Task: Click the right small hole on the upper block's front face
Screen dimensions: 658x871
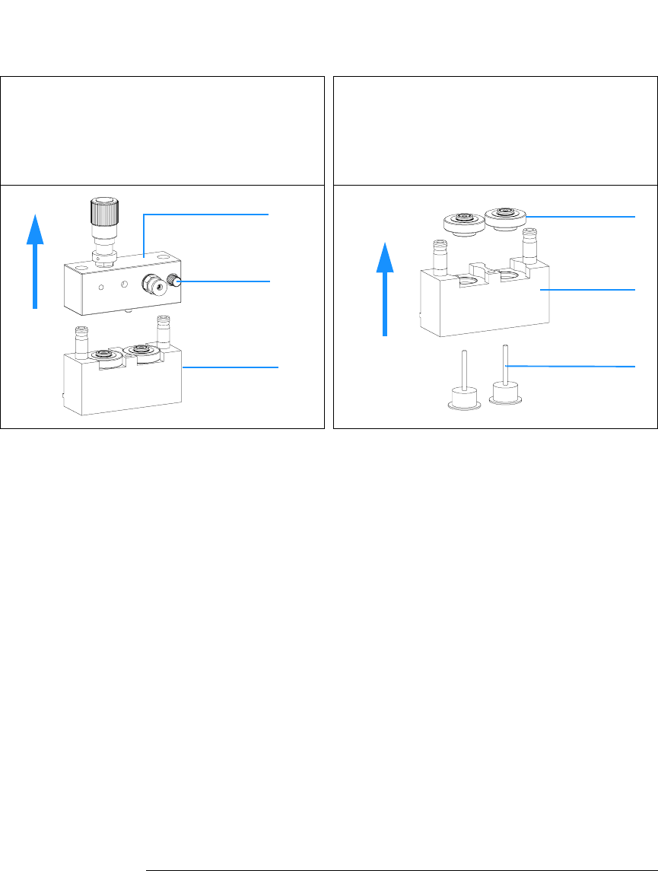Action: (x=121, y=285)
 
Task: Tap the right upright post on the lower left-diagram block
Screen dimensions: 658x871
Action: (x=161, y=330)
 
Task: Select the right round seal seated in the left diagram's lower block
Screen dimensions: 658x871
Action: (x=141, y=351)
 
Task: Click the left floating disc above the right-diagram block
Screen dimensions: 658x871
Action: (x=460, y=224)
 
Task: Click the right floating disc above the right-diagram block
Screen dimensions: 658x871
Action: (x=503, y=215)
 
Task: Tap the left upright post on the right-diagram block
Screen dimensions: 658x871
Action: (x=439, y=255)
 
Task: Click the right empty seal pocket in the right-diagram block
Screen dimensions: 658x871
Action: (x=508, y=272)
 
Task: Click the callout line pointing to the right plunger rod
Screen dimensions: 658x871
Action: (x=571, y=367)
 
